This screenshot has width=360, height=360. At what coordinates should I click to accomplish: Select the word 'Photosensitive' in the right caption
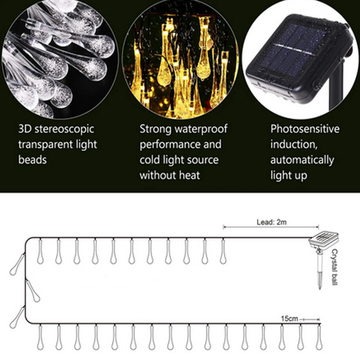click(305, 129)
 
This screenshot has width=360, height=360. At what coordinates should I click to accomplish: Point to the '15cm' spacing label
click(289, 319)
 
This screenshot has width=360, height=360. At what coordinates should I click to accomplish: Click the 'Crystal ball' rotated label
click(334, 267)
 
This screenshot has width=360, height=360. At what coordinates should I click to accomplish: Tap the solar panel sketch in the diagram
click(324, 239)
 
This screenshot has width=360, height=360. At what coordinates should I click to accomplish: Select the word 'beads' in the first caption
click(32, 160)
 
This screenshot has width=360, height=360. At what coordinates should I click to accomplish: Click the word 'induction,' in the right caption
click(293, 144)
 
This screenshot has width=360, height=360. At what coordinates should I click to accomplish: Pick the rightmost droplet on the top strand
click(223, 252)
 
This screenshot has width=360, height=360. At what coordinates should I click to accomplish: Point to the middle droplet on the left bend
click(33, 291)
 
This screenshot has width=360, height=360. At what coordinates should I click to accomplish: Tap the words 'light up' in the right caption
click(289, 175)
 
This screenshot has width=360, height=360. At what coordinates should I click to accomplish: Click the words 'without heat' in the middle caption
click(170, 175)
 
